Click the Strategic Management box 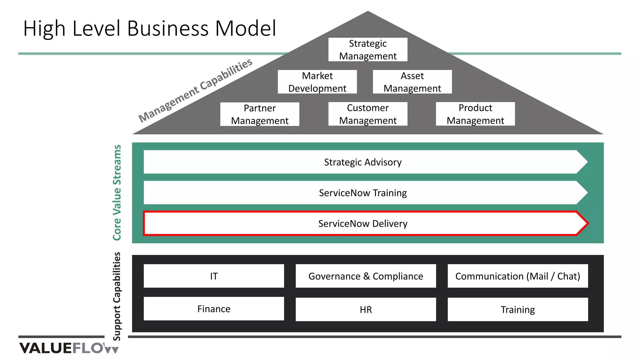tap(368, 50)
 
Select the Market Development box tap(317, 82)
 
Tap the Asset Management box tap(412, 82)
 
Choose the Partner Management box tap(260, 114)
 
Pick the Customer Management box tap(368, 114)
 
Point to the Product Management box tap(475, 114)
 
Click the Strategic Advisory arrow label tap(363, 162)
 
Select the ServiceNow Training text tap(363, 193)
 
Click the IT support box tap(214, 276)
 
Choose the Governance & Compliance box tap(366, 276)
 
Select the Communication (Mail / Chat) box tap(517, 276)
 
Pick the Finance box tap(214, 309)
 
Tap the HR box tap(366, 309)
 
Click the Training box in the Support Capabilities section tap(517, 309)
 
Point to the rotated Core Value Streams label tap(117, 193)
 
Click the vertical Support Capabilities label tap(117, 296)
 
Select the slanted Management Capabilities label tap(195, 90)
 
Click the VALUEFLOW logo tap(69, 348)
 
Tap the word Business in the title tap(168, 29)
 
